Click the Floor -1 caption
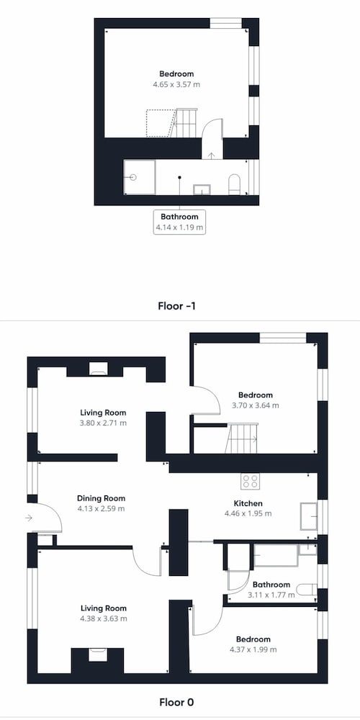click(177, 306)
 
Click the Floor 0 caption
click(177, 702)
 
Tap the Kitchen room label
click(248, 503)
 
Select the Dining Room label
click(101, 498)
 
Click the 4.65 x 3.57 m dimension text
click(177, 84)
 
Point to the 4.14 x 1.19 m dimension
click(179, 227)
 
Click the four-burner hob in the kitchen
click(251, 481)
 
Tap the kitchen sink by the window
click(309, 516)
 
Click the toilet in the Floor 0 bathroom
click(307, 589)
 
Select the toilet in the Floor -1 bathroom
click(234, 184)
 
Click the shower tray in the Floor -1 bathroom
click(140, 177)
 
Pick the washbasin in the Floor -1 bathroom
click(202, 189)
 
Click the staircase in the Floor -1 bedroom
click(186, 123)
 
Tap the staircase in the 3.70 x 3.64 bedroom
click(241, 438)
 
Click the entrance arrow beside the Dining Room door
click(29, 518)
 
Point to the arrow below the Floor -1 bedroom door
click(211, 156)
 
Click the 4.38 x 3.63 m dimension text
click(104, 618)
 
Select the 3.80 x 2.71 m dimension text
click(103, 423)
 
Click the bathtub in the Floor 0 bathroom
click(276, 555)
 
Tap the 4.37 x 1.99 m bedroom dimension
click(253, 649)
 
